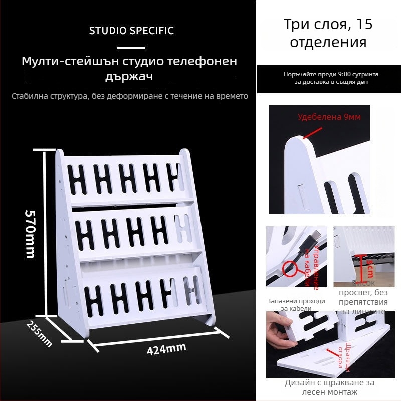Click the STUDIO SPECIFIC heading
(x=131, y=31)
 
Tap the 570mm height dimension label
(x=31, y=233)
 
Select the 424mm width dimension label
(x=166, y=348)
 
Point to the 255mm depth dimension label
(x=39, y=333)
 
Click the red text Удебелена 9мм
(x=329, y=117)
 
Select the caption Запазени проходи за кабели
(x=296, y=305)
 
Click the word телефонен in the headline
(x=204, y=62)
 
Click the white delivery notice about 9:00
(x=331, y=78)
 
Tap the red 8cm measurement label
(x=370, y=268)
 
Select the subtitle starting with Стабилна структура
(x=130, y=96)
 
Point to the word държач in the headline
(x=129, y=77)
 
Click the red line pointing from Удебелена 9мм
(x=312, y=133)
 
